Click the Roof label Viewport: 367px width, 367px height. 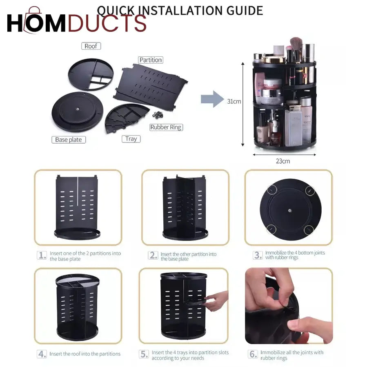(x=91, y=46)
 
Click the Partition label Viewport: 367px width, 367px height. (x=151, y=60)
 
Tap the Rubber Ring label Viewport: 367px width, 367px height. (x=166, y=127)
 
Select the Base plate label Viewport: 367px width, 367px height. (x=69, y=140)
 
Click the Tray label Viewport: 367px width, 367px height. (x=131, y=139)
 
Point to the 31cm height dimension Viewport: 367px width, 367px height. (x=234, y=101)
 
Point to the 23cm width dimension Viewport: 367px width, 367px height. (x=282, y=161)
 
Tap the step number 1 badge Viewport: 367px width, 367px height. (x=42, y=256)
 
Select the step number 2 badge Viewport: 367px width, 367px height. (x=153, y=256)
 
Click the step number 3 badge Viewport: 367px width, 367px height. (x=258, y=256)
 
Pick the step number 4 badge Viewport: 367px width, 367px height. (x=42, y=354)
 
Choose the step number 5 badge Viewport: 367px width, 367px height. (x=144, y=354)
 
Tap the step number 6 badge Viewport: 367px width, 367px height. (x=253, y=354)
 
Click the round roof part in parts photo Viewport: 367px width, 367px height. (x=90, y=74)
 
